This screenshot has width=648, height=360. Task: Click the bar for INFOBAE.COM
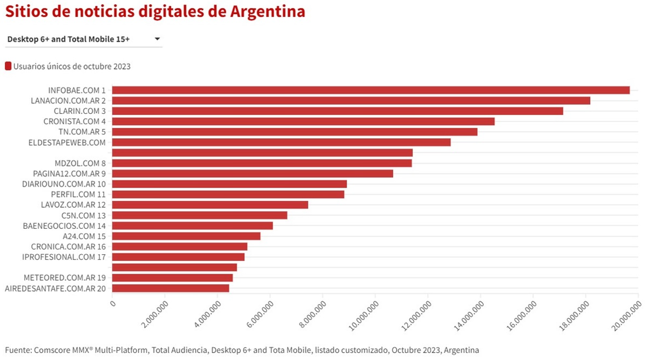[370, 90]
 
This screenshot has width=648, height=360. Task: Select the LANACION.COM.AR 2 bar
[351, 100]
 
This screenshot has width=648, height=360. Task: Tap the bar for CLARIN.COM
[337, 111]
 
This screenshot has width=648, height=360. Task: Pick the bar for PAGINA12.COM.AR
[252, 173]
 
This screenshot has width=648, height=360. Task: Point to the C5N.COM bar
[199, 215]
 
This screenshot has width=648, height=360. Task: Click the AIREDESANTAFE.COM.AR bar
[171, 288]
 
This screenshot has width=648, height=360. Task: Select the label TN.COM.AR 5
[82, 132]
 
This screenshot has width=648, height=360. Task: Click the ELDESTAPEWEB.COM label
[66, 142]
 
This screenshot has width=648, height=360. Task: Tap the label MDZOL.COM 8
[80, 163]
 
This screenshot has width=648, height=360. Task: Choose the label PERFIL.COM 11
[78, 194]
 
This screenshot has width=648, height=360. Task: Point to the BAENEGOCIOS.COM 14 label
[64, 226]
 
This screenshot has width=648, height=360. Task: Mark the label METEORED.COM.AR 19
[65, 277]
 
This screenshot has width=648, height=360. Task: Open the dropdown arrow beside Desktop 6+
[157, 39]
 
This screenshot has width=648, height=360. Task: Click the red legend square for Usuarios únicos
[8, 66]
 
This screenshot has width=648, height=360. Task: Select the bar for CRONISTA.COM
[303, 121]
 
